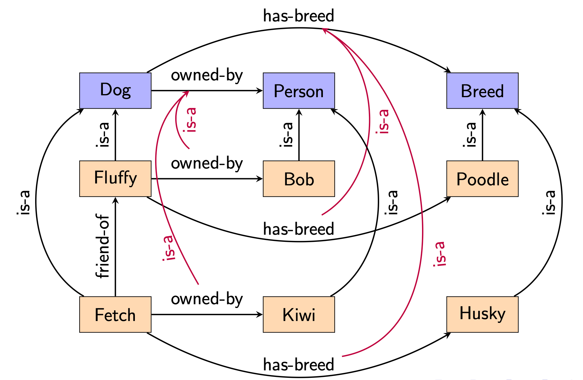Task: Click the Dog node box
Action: (115, 91)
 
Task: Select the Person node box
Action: (299, 91)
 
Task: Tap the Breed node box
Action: (482, 91)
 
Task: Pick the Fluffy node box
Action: (115, 179)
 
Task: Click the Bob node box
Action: (299, 179)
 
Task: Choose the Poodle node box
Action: (482, 179)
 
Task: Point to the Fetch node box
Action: (115, 314)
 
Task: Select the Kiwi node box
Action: (299, 314)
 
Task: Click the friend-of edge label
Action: (103, 246)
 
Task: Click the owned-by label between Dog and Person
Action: (207, 75)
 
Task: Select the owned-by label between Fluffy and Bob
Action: (207, 164)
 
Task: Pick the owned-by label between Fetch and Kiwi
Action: (207, 299)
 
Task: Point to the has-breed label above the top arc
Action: (298, 16)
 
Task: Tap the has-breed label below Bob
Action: (298, 229)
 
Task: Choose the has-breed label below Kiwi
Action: (298, 364)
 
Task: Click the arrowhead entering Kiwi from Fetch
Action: (260, 314)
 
